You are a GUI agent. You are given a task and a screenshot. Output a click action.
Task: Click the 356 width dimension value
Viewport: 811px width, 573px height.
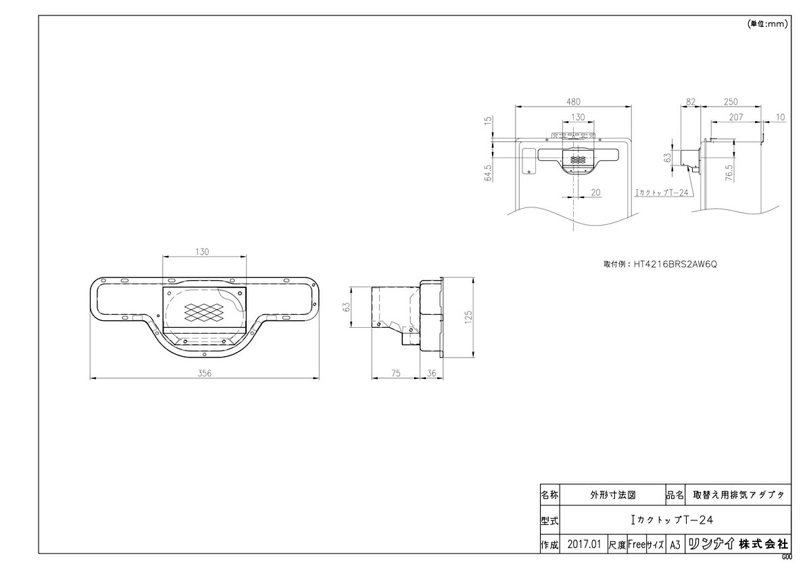click(204, 373)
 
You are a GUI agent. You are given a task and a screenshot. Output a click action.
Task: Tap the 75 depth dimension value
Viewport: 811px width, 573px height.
click(396, 373)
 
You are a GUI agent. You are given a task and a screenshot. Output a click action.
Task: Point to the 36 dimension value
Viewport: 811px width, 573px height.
click(431, 373)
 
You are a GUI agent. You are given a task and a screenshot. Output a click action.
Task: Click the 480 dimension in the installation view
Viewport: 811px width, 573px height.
click(573, 102)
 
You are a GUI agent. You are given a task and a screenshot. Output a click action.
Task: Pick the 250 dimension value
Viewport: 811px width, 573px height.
click(731, 102)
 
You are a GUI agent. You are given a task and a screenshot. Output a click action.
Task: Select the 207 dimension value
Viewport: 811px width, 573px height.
click(736, 117)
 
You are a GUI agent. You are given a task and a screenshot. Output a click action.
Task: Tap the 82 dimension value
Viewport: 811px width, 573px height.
click(691, 102)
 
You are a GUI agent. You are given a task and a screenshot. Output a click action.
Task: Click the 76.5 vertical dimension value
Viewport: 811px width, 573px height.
click(729, 173)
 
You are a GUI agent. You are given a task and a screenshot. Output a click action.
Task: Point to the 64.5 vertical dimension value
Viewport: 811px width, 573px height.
click(488, 173)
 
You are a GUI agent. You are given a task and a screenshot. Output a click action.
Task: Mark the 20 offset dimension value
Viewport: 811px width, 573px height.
click(595, 193)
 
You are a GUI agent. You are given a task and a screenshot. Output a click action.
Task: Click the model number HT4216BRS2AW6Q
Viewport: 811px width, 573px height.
click(675, 264)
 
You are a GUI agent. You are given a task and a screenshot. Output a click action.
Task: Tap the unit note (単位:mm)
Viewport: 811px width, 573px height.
click(767, 24)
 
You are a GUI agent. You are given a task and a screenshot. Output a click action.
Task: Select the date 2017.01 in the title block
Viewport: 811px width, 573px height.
click(584, 545)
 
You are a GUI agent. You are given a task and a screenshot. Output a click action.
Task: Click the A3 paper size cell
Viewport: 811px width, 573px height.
click(675, 545)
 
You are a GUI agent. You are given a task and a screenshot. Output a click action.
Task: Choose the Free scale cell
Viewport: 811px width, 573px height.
click(637, 545)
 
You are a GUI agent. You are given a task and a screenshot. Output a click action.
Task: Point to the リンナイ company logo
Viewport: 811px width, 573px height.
click(712, 544)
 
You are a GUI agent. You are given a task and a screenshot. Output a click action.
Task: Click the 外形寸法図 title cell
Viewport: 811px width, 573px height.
click(613, 495)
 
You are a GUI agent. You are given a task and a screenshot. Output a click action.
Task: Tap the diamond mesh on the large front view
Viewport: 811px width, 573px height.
click(203, 312)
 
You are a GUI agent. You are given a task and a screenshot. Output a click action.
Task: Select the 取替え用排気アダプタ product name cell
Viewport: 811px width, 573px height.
click(739, 495)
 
